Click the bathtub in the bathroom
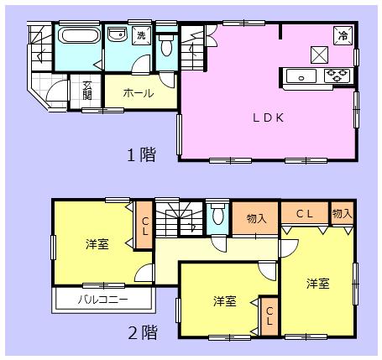coord(76,38)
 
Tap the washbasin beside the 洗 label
coord(117,35)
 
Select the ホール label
coord(139,93)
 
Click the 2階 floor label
coord(142,331)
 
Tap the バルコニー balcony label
coord(104,299)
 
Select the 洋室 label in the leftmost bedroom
coord(96,244)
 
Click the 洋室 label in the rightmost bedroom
coord(317,283)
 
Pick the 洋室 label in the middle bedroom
coord(223,300)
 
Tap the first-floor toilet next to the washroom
coord(165,46)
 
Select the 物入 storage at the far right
coord(342,215)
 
